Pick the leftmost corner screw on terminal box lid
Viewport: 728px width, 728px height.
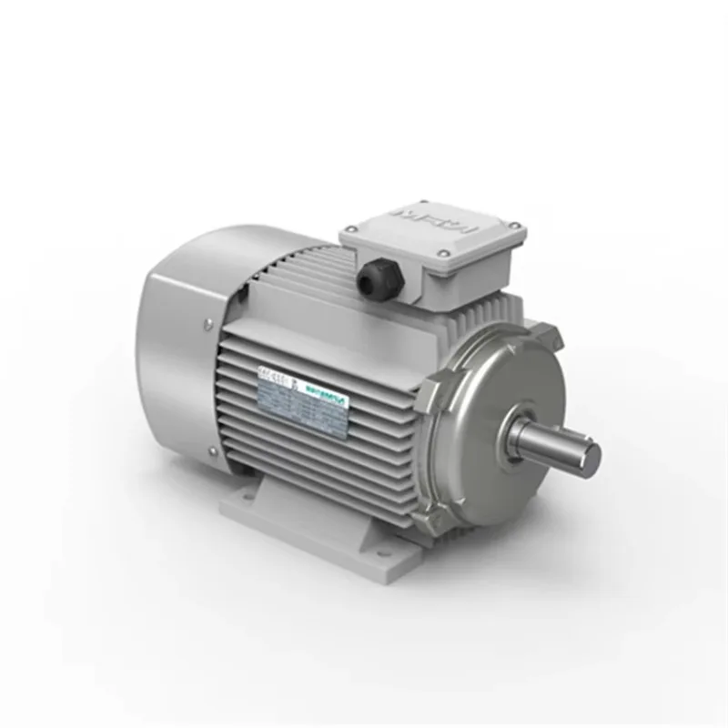350,236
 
